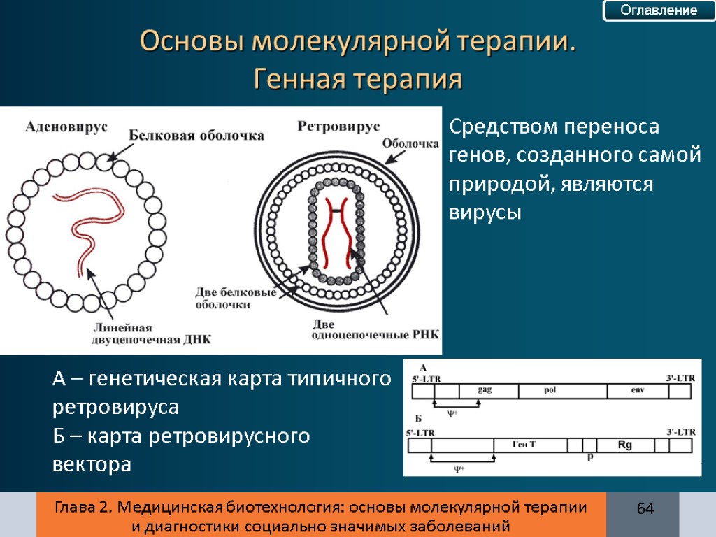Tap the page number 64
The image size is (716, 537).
click(644, 508)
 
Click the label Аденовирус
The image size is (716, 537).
click(66, 127)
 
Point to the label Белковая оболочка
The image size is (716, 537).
click(196, 136)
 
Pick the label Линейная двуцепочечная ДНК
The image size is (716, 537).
click(151, 334)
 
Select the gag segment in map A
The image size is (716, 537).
click(485, 391)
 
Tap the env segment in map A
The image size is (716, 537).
click(636, 391)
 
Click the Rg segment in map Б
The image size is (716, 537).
click(624, 445)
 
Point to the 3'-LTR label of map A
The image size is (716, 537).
click(680, 378)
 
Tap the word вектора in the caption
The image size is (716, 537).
click(92, 464)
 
